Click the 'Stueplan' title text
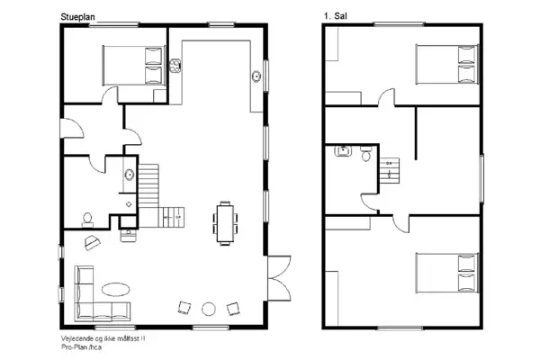coord(76,17)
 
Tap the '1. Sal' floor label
coord(335,17)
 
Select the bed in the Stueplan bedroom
coord(131,65)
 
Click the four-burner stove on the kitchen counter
coord(176,65)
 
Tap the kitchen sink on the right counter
coord(256,76)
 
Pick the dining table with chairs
coord(224,220)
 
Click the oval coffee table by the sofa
coord(114,289)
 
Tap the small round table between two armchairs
coord(209,309)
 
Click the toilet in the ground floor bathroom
coord(88,217)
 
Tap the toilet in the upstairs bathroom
coord(364,155)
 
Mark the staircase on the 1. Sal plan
coord(391,168)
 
